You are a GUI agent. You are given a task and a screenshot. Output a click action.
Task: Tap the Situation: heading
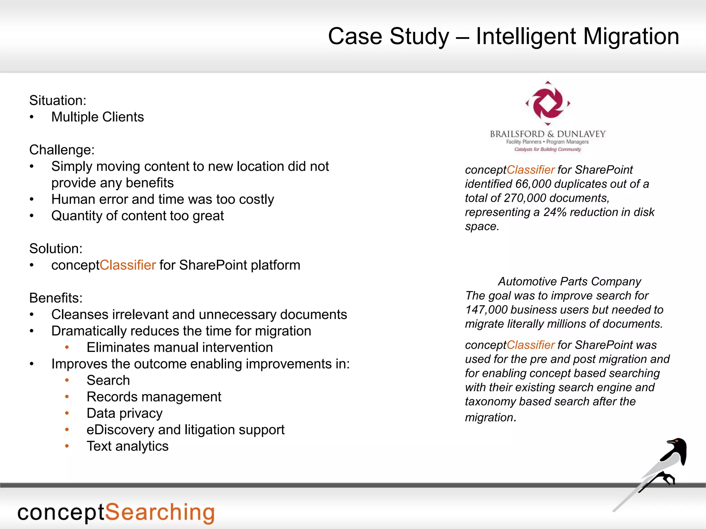coord(58,101)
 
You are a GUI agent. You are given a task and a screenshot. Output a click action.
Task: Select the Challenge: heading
coord(62,150)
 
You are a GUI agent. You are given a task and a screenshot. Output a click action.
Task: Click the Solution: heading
coord(56,249)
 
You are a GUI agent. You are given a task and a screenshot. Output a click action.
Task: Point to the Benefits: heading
coord(56,298)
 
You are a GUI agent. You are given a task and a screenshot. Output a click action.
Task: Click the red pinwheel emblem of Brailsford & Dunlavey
coord(548,103)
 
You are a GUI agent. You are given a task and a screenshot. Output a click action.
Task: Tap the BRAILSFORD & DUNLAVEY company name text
coord(548,134)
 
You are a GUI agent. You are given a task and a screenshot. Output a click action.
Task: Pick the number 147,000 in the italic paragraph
coord(486,310)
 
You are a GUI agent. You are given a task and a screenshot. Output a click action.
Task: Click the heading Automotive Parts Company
coord(569,281)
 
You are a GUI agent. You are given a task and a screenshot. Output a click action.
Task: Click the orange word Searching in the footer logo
coord(160,512)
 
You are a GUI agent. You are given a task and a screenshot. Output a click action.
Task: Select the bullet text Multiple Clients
coord(98,117)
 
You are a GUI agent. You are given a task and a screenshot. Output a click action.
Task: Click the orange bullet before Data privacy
coord(67,413)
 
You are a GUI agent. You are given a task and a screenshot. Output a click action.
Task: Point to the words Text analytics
coord(128,446)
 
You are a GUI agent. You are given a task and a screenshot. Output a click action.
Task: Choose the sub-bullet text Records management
coord(154,397)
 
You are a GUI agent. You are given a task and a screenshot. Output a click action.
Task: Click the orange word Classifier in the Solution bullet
coord(128,265)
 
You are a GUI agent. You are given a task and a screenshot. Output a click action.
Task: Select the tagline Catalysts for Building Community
coord(547,149)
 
